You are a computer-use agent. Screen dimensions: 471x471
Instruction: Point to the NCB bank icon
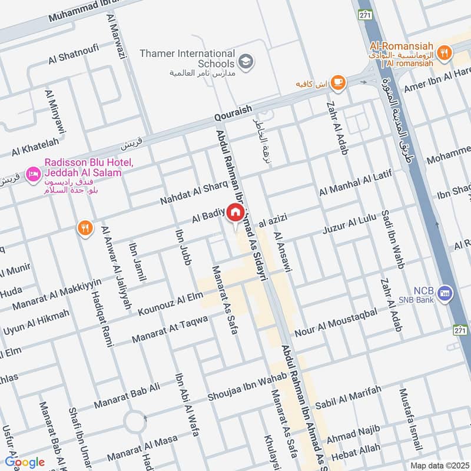(x=446, y=293)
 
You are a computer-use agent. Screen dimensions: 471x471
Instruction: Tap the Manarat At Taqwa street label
(x=170, y=330)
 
